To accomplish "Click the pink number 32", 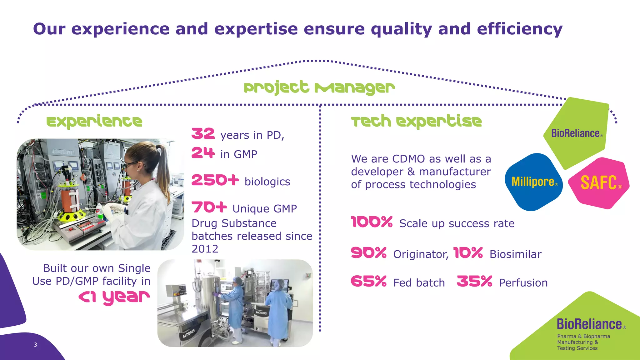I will point(203,134).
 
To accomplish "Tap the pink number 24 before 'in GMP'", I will point(203,153).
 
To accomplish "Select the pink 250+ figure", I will point(215,180).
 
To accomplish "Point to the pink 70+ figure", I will point(209,207).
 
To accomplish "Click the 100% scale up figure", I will point(372,222).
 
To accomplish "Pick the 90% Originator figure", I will point(369,253).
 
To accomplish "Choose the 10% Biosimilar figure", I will point(468,253).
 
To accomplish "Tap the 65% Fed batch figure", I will point(369,281).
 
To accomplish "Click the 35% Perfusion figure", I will point(474,281).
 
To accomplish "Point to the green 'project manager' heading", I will point(319,87).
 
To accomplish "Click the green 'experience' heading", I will point(94,122).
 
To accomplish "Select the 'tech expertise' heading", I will point(416,121).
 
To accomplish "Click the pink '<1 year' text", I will point(114,297).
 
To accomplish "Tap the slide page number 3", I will point(36,345).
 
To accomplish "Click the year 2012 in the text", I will point(205,249).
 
